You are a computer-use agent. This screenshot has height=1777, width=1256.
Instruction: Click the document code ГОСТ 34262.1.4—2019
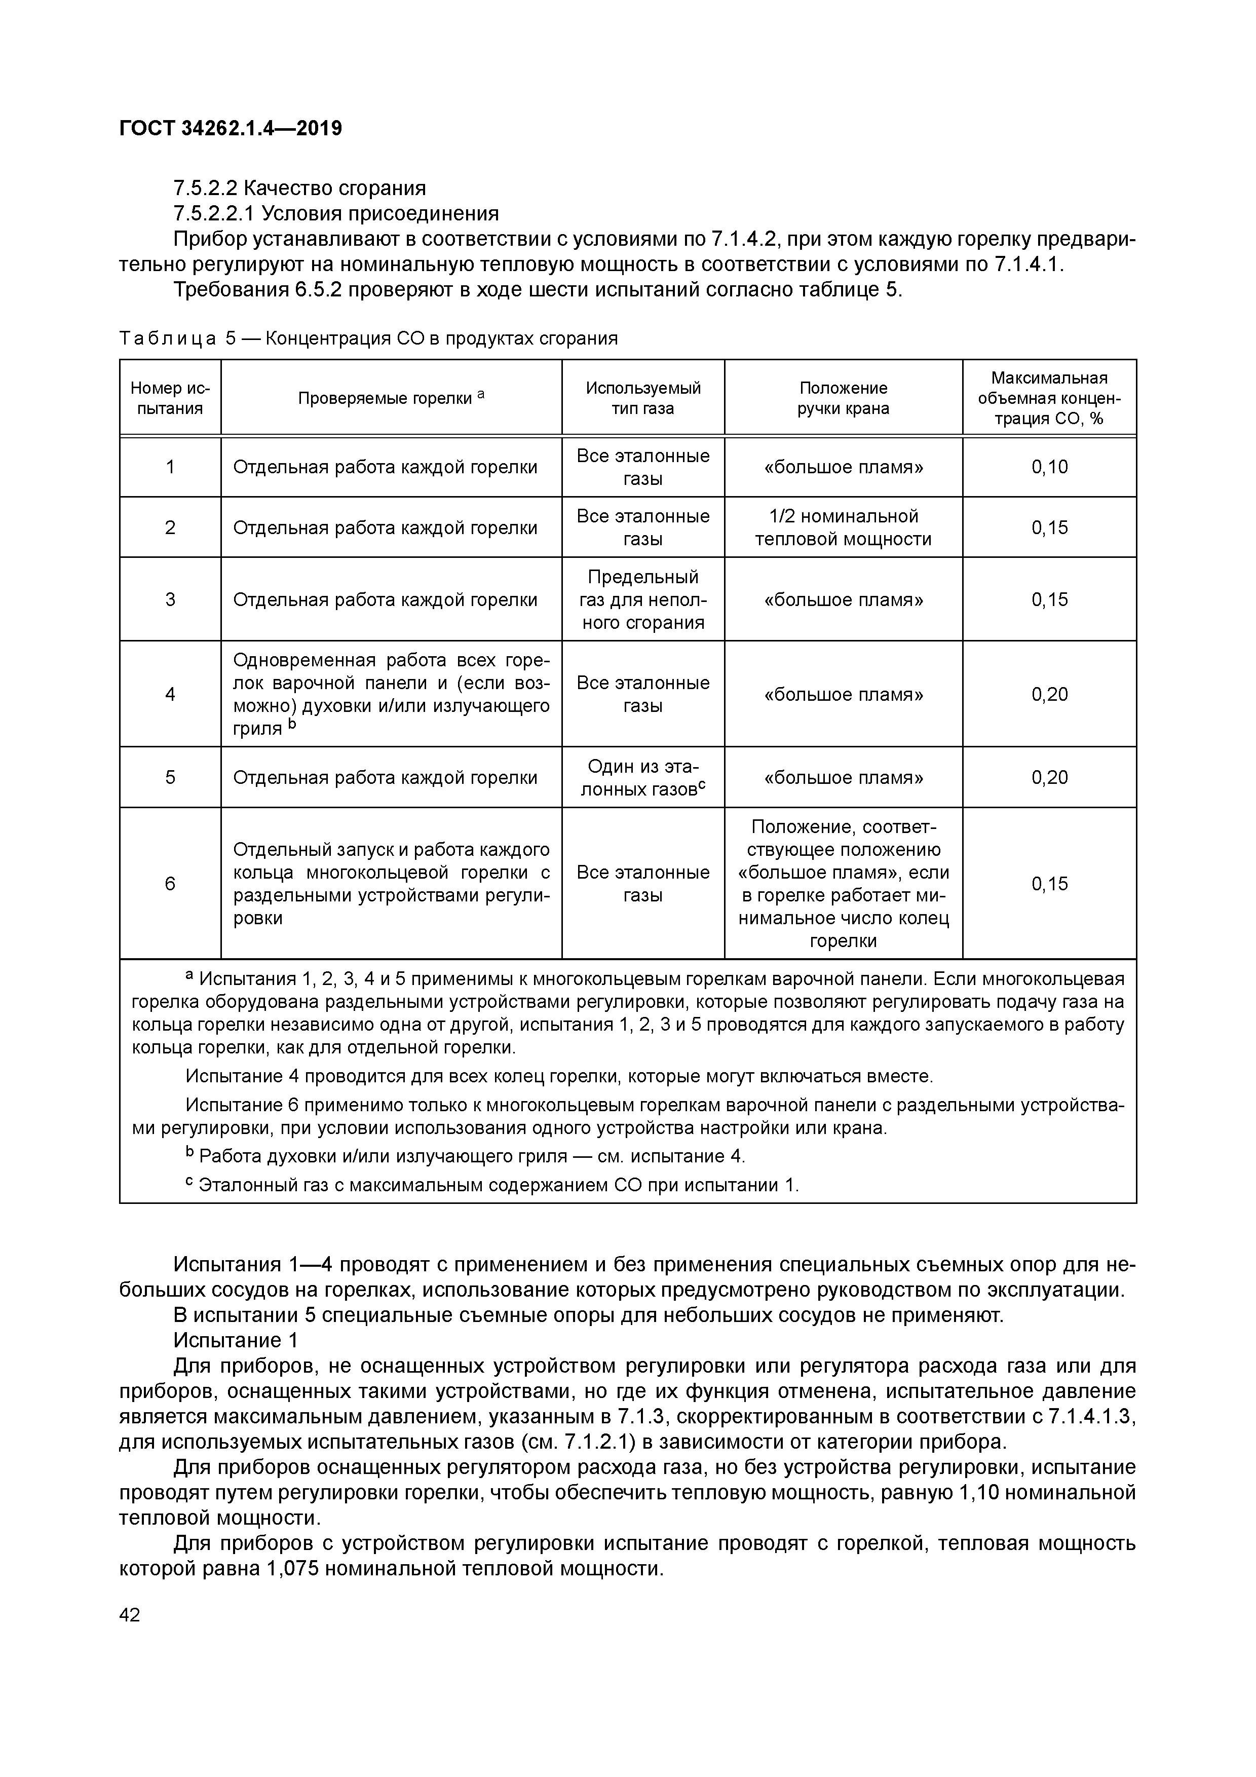(x=231, y=129)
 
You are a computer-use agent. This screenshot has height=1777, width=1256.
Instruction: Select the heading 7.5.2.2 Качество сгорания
(x=299, y=188)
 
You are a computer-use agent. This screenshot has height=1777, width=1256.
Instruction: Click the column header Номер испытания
(x=170, y=398)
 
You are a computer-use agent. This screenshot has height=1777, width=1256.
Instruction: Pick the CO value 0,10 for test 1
(x=1049, y=467)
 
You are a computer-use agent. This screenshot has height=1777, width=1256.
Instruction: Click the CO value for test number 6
(x=1049, y=883)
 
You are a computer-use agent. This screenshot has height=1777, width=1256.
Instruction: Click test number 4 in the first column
(x=170, y=694)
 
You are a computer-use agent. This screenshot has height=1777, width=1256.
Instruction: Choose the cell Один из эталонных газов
(x=642, y=777)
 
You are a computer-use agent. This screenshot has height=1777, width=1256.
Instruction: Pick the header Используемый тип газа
(x=642, y=398)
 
